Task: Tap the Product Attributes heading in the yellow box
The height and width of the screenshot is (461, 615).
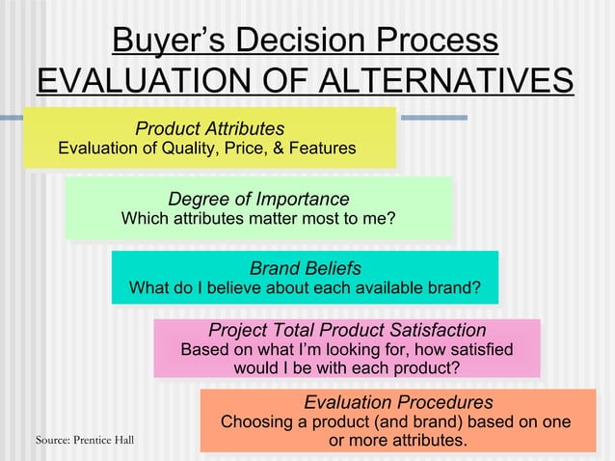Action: tap(209, 128)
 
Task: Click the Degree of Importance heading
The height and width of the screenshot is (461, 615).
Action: tap(258, 199)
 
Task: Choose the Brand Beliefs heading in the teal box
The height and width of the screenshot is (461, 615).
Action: tap(306, 267)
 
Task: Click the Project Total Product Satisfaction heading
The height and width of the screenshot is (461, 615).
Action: tap(347, 330)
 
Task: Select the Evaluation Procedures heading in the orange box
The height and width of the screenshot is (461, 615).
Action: tap(398, 402)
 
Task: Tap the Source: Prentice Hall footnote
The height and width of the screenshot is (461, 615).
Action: tap(85, 441)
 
